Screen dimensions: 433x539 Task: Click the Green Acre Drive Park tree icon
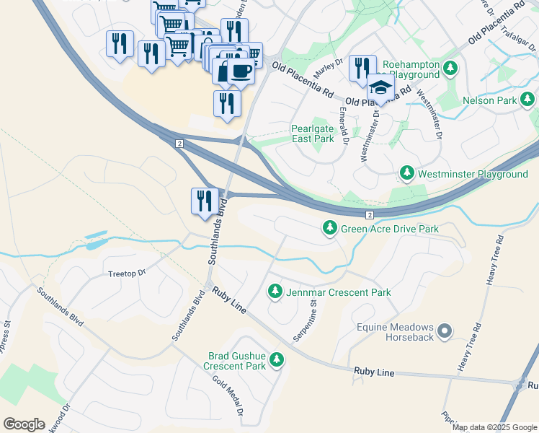(330, 229)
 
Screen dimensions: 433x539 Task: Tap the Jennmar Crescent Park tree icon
(275, 292)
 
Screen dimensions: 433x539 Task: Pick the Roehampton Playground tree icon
(450, 69)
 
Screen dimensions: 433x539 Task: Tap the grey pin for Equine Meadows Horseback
(445, 331)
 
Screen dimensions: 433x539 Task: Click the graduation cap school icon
(380, 88)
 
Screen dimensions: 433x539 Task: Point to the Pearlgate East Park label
(312, 134)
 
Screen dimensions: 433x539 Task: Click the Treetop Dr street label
(126, 274)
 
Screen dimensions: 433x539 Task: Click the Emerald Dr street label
(344, 126)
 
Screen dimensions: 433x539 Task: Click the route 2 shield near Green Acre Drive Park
(369, 215)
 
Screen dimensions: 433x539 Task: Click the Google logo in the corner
(24, 424)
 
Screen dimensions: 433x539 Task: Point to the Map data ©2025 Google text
(494, 427)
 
